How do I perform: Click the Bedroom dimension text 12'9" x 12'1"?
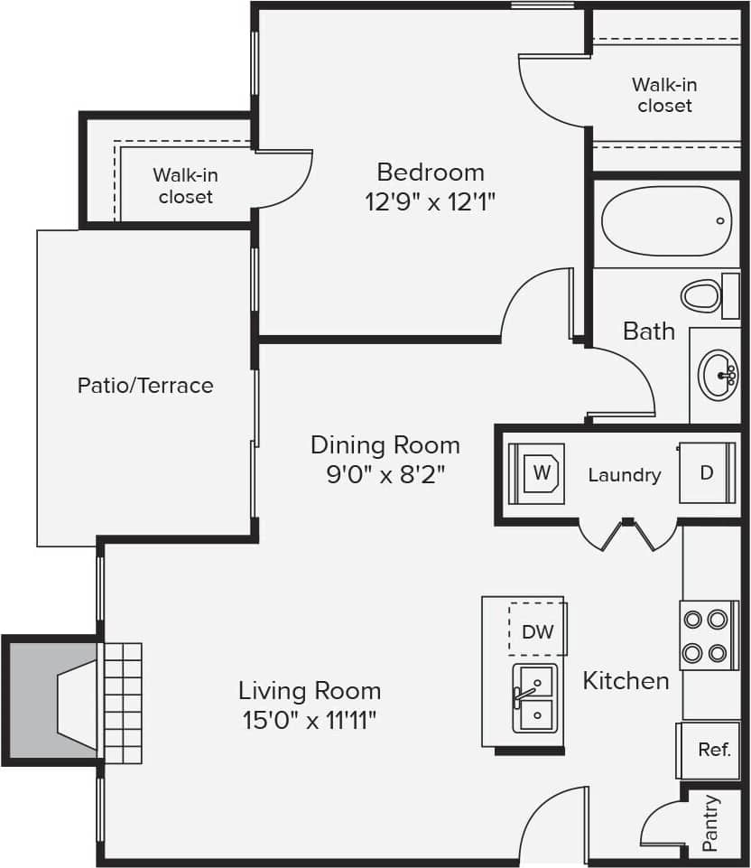coord(431,201)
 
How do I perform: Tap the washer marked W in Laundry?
coord(539,473)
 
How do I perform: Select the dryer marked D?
coord(707,472)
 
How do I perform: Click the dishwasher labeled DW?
coord(537,631)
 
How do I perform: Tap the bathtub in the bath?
coord(666,221)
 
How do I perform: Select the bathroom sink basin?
coord(719,372)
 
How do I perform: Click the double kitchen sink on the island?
coord(535,697)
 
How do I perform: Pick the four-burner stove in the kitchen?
coord(705,635)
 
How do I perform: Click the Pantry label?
coord(710,823)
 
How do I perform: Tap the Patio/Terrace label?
coord(145,386)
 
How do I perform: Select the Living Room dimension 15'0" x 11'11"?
coord(309,720)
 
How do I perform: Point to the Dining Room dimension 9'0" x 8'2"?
coord(385,473)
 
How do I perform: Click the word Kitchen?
coord(626,680)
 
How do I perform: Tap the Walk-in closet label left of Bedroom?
coord(185,185)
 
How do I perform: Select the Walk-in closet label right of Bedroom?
coord(664,95)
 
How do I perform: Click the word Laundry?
coord(624,474)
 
